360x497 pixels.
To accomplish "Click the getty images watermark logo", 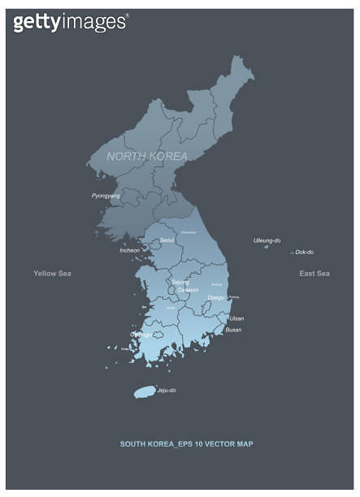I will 71,22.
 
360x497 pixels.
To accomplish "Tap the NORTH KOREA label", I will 147,156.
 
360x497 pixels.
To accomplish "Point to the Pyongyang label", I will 106,196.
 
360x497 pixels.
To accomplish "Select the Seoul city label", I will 167,240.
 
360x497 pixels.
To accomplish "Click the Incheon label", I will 129,250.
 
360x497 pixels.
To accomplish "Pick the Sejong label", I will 180,282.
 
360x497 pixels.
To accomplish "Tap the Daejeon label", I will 188,290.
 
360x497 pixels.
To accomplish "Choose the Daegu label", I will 216,298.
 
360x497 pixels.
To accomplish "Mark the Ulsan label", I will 236,318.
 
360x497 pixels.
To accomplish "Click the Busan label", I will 233,330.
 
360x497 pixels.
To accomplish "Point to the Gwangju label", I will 141,334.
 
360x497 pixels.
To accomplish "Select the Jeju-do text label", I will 167,391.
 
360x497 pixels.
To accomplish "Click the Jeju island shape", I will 145,392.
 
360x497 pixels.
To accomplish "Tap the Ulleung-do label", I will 267,240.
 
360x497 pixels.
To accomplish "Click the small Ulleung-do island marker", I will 267,247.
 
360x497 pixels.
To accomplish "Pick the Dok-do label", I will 305,253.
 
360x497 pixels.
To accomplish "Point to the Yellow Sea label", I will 52,274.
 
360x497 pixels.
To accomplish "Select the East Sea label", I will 314,274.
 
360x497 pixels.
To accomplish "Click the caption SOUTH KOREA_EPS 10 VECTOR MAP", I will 187,444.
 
